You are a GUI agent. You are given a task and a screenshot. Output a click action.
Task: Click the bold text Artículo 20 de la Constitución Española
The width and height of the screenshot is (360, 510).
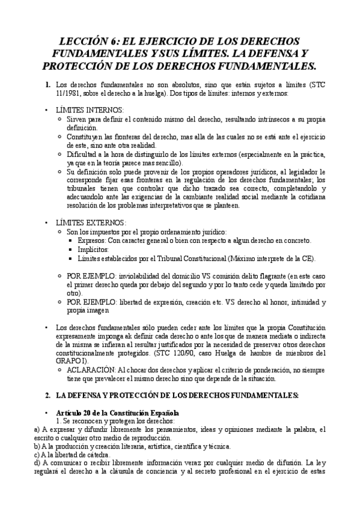117,413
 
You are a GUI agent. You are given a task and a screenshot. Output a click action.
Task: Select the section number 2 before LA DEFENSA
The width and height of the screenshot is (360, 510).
47,395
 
